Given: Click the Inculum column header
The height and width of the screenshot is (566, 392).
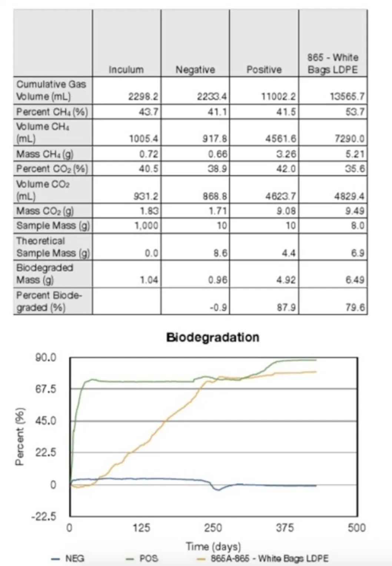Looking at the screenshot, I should [126, 69].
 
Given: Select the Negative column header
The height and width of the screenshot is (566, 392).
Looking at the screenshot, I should [195, 69].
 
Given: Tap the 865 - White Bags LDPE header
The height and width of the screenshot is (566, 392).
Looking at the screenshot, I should [333, 63].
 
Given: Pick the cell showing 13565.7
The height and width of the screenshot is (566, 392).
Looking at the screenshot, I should [347, 96].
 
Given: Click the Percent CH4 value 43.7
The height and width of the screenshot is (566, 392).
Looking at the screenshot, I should [148, 112].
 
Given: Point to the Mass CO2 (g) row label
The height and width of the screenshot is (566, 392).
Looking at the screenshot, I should [45, 211].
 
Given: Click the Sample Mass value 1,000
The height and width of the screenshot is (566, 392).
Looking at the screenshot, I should [146, 226].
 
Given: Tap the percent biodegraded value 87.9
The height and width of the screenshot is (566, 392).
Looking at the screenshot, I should [286, 307].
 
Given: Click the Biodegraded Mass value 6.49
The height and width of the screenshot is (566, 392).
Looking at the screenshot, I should [355, 280].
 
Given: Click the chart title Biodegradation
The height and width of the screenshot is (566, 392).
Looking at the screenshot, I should [213, 337].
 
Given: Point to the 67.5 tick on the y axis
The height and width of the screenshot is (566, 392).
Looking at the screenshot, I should [46, 389].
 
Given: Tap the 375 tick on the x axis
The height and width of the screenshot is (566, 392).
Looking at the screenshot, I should [285, 527].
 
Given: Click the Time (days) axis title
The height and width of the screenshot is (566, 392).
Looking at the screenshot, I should [213, 546].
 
